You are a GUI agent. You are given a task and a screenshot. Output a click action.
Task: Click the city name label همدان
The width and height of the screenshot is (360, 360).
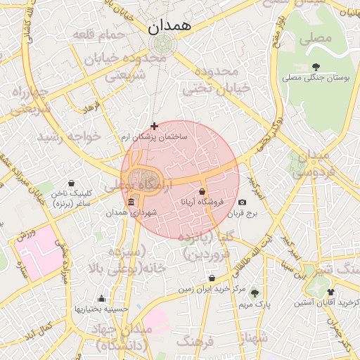pyautogui.click(x=169, y=27)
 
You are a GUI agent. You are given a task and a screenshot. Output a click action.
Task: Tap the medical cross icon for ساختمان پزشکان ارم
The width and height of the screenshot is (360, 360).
pyautogui.click(x=155, y=126)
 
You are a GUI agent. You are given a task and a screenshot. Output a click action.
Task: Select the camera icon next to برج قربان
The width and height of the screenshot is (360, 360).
pyautogui.click(x=243, y=202)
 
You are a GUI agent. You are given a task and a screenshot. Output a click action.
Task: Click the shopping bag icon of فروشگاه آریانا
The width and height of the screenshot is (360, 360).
pyautogui.click(x=202, y=191)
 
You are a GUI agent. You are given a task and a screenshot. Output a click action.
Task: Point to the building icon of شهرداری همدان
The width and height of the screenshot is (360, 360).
pyautogui.click(x=131, y=203)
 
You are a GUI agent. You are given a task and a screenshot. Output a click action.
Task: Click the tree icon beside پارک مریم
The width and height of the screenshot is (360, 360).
pyautogui.click(x=255, y=293)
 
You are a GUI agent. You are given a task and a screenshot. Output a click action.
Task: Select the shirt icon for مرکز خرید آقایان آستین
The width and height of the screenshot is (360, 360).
pyautogui.click(x=330, y=292)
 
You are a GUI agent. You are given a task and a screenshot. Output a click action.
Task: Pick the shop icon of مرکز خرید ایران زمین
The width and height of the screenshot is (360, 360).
pyautogui.click(x=212, y=278)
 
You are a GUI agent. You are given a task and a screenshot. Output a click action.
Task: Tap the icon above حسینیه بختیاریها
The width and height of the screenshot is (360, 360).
pyautogui.click(x=102, y=298)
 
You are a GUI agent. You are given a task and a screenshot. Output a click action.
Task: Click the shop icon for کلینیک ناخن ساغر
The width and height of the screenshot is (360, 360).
pyautogui.click(x=71, y=183)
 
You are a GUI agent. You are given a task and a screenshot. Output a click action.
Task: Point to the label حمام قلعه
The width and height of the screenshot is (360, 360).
pyautogui.click(x=102, y=33)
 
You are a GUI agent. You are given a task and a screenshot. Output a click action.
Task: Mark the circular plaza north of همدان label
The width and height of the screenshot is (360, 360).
pyautogui.click(x=162, y=45)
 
